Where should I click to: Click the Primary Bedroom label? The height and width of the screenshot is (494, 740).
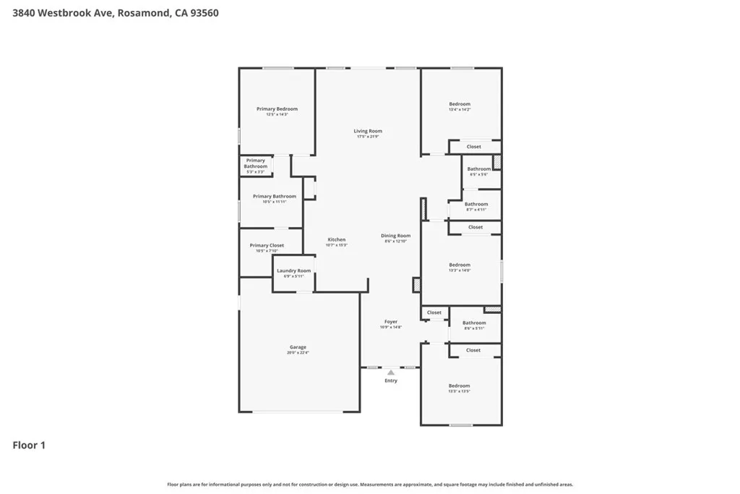click(277, 109)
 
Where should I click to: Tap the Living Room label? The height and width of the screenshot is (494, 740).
click(368, 131)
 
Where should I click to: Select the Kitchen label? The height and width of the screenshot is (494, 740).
click(337, 239)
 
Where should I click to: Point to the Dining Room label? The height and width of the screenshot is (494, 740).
click(396, 236)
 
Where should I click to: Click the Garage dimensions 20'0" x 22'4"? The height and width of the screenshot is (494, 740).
click(298, 353)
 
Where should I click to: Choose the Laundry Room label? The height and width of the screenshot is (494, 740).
click(293, 271)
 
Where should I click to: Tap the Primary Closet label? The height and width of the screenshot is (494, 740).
click(267, 245)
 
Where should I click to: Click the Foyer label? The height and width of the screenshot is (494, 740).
click(391, 321)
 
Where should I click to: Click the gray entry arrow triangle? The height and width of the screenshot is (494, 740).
click(391, 372)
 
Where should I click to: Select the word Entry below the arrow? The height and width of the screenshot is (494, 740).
click(391, 380)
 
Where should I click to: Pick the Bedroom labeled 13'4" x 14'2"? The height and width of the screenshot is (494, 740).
click(460, 104)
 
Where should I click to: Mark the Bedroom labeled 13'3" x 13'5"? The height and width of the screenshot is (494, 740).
click(459, 386)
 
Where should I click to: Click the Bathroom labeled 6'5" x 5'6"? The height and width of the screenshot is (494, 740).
click(478, 169)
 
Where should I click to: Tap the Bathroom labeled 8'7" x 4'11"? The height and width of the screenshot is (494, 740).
click(476, 204)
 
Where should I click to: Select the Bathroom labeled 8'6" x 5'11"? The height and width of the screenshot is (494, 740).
click(474, 323)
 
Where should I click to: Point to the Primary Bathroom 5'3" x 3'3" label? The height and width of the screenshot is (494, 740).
click(255, 163)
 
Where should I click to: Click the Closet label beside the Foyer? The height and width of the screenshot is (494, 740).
click(434, 312)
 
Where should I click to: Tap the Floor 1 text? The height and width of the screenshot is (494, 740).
click(29, 446)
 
